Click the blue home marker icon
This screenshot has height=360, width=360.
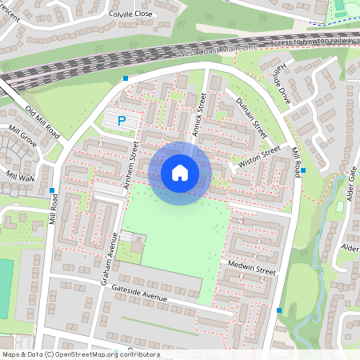180,173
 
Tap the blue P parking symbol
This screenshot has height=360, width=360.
122,122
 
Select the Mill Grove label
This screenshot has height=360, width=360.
23,138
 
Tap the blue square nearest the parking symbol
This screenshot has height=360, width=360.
126,78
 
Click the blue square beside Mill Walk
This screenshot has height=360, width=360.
52,190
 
